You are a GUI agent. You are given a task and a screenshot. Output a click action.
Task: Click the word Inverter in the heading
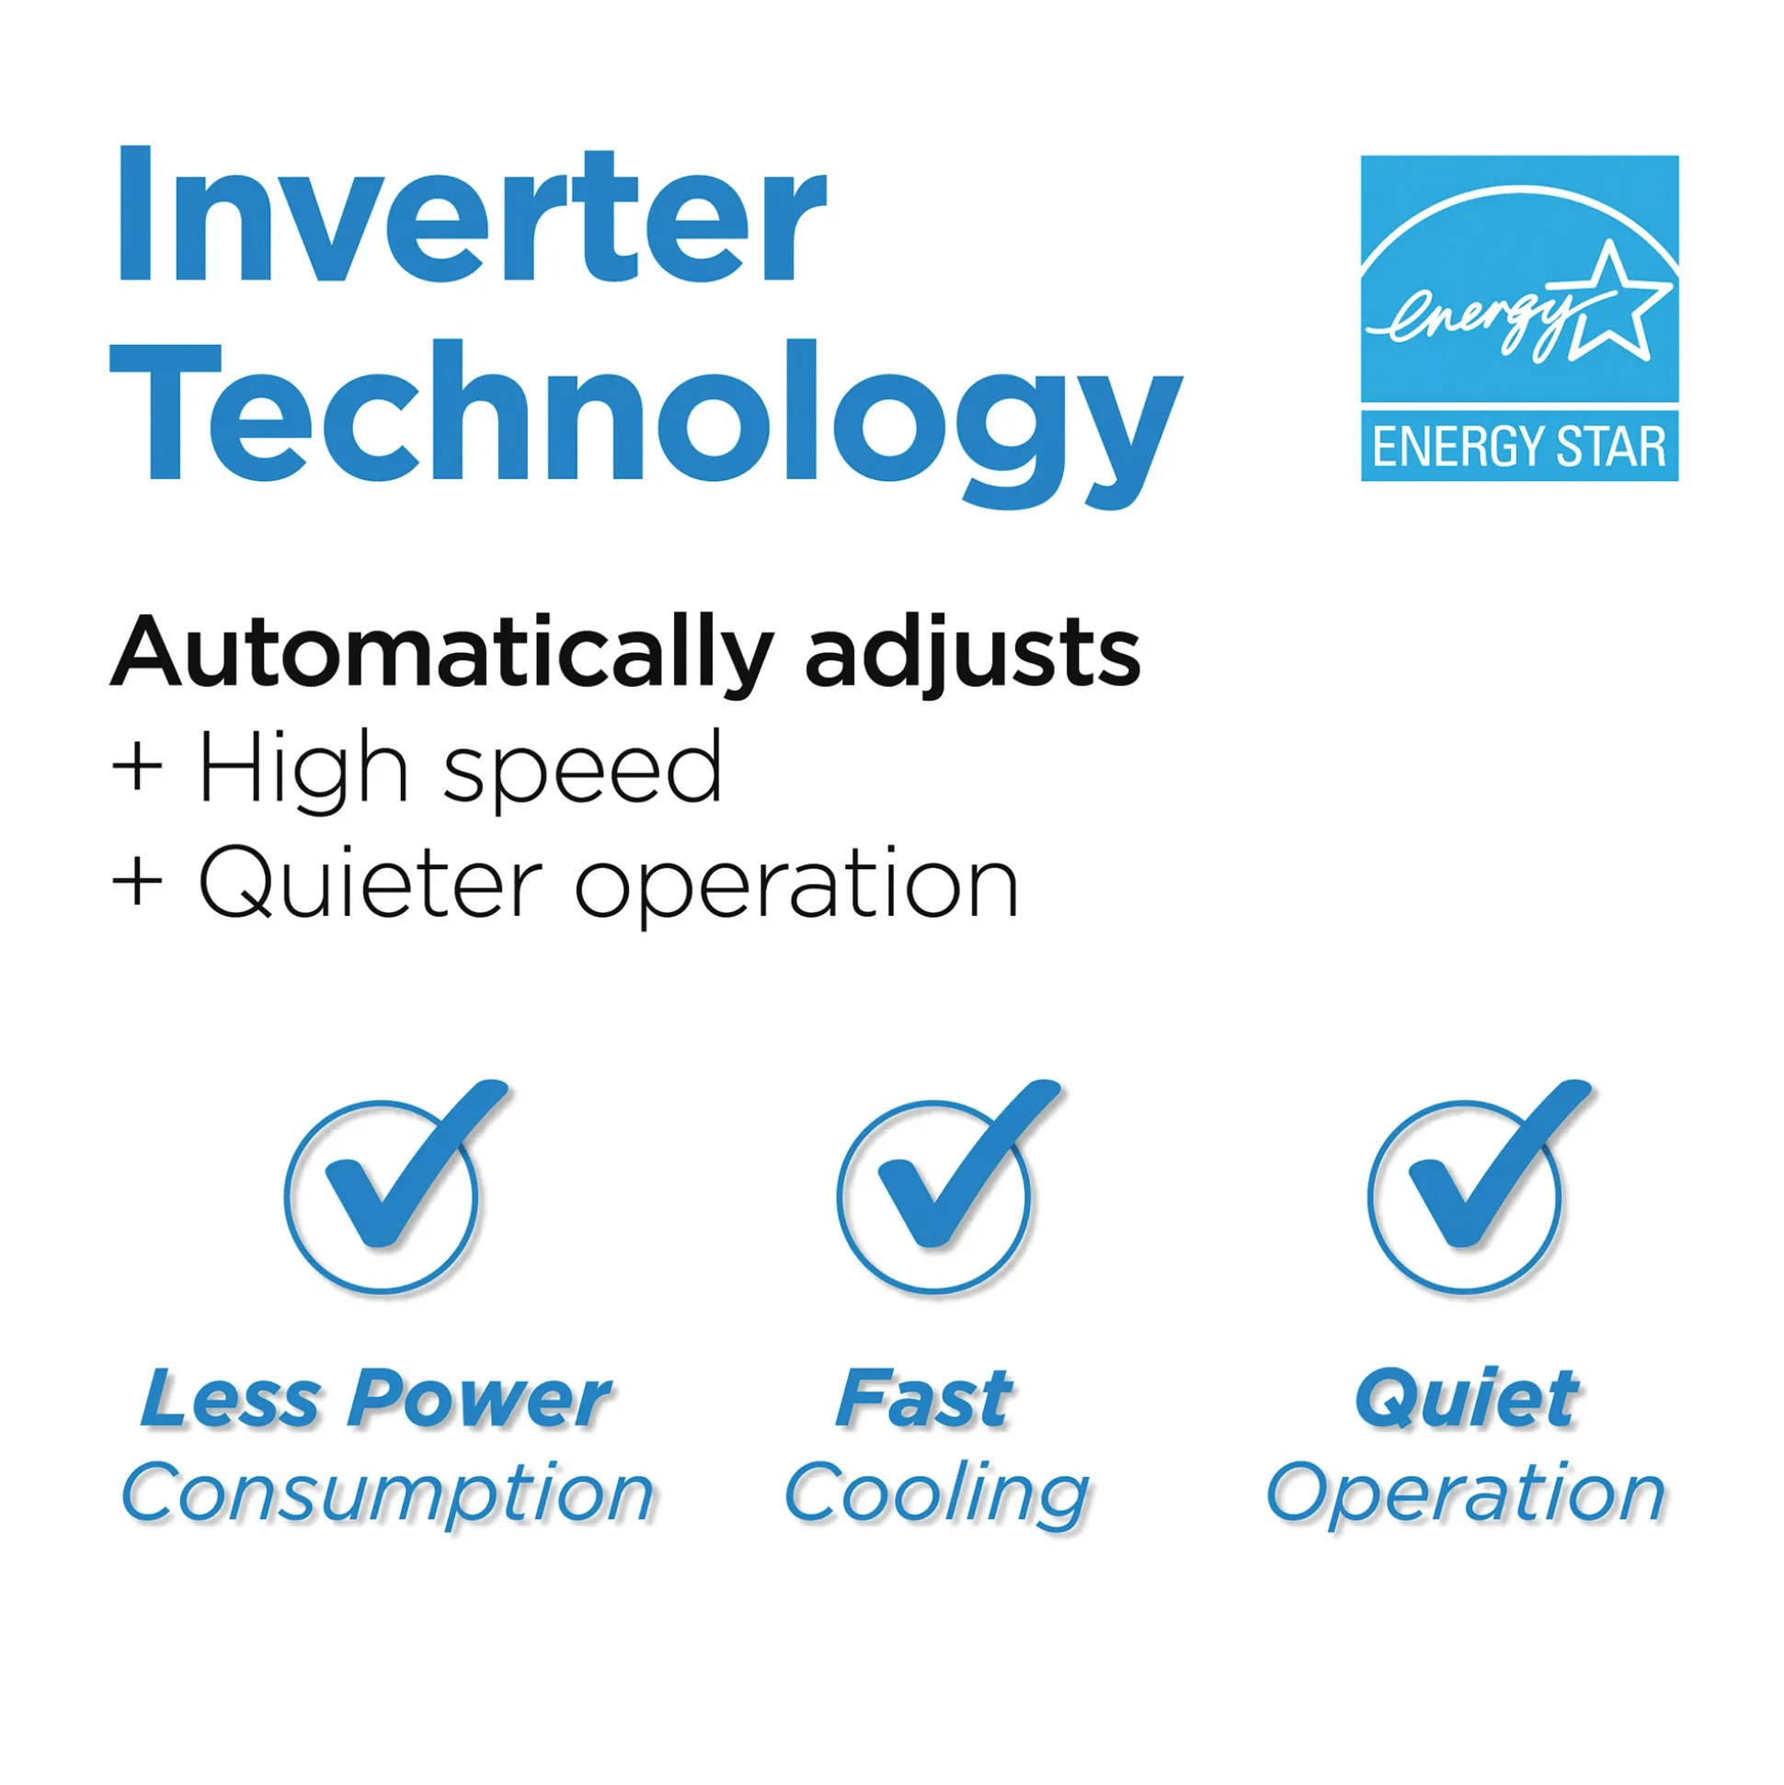(x=470, y=214)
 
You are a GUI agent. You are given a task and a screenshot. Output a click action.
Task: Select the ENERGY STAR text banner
(x=1519, y=447)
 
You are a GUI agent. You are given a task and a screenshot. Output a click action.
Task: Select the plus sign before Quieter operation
(x=137, y=882)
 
